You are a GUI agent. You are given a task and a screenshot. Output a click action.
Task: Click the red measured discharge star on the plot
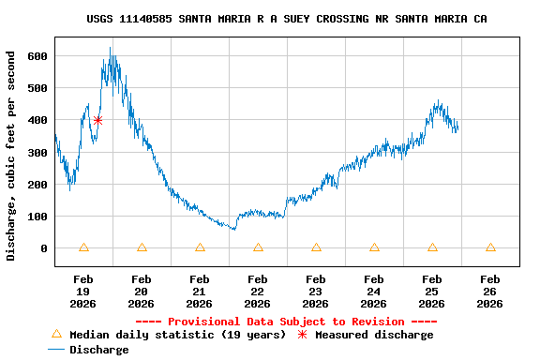(x=97, y=120)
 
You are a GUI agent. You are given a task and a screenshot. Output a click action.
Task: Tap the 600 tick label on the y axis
(x=37, y=56)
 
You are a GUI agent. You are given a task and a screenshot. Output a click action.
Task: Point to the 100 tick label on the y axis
(x=37, y=217)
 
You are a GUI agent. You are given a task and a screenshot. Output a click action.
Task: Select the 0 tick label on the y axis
(x=43, y=248)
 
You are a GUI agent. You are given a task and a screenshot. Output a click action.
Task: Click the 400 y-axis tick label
(x=37, y=121)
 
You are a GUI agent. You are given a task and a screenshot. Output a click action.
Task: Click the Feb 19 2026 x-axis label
(x=83, y=292)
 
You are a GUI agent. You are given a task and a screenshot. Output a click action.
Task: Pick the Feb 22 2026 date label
(x=258, y=292)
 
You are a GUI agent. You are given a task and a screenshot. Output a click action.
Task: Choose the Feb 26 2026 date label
(x=490, y=292)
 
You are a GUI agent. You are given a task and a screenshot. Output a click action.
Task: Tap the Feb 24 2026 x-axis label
(x=374, y=292)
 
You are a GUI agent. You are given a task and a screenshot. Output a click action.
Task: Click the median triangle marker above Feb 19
(x=83, y=247)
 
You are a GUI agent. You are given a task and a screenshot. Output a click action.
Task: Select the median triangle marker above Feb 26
(x=490, y=247)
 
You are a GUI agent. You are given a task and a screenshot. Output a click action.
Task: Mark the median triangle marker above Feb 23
(x=316, y=247)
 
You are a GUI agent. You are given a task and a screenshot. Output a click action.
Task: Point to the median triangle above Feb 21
(x=200, y=247)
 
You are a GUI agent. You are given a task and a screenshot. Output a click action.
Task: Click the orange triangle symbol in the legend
(x=56, y=334)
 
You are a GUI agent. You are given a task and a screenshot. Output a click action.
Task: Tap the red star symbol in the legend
(x=302, y=335)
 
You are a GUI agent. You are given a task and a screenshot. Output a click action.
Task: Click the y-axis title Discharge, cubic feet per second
(x=11, y=156)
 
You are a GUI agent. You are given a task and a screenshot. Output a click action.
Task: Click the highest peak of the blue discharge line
(x=110, y=49)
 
